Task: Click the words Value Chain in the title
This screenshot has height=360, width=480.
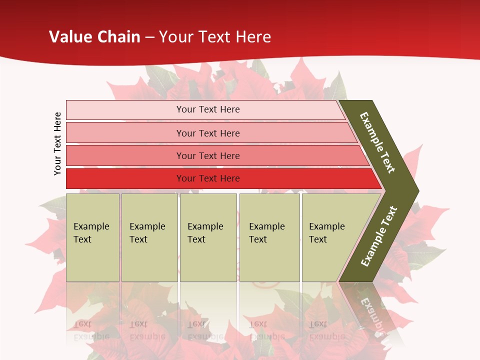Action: point(94,37)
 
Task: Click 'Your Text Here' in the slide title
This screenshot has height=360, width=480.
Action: point(215,37)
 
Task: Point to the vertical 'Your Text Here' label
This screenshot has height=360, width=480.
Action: point(57,143)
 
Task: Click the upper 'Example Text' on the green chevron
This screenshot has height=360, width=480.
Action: point(377,142)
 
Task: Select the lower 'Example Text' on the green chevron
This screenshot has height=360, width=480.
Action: point(379,236)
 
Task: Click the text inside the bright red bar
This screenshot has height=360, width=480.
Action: point(208,178)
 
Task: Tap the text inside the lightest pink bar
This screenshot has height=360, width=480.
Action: point(208,109)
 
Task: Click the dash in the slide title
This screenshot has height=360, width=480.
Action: point(149,37)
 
